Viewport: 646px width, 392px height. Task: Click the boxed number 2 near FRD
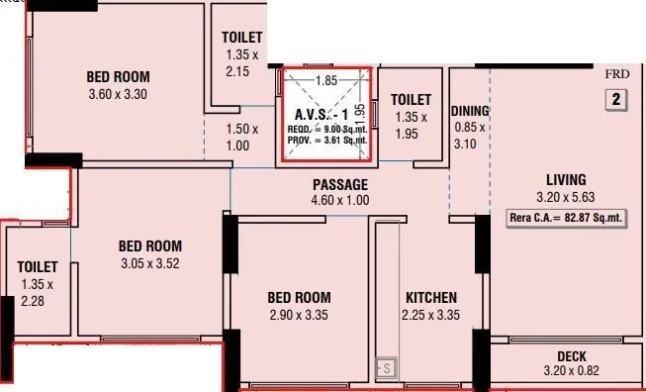click(615, 99)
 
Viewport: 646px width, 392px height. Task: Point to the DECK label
click(572, 356)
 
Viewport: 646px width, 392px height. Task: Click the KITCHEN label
click(430, 298)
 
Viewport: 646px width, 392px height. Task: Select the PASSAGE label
click(339, 184)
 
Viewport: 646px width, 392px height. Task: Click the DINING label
click(470, 111)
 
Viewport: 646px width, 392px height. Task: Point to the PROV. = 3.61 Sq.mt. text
click(326, 141)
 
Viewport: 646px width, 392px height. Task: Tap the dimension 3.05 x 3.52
click(150, 263)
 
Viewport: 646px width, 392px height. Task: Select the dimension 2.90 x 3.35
click(299, 316)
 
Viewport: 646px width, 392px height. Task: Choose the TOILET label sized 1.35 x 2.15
click(242, 39)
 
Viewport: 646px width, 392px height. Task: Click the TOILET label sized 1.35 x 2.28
click(37, 267)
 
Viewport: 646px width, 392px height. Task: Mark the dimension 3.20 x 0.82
click(572, 372)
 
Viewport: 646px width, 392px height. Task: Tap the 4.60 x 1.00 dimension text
click(339, 201)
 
